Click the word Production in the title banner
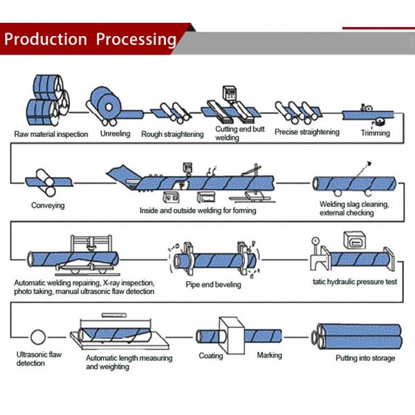click(46, 39)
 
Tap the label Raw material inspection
click(51, 134)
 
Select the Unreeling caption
click(115, 133)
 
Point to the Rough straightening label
click(172, 134)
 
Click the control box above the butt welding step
click(229, 93)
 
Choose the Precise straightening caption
click(307, 132)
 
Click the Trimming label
click(376, 133)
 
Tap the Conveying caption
click(48, 205)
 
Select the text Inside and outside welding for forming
click(198, 210)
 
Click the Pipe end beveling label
click(213, 284)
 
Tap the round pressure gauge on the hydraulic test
click(315, 241)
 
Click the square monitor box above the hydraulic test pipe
click(354, 241)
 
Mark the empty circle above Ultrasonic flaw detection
click(38, 337)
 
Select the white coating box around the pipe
click(231, 335)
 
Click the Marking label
click(270, 355)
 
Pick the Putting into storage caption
click(365, 358)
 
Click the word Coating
click(211, 356)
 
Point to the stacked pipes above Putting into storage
click(357, 336)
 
